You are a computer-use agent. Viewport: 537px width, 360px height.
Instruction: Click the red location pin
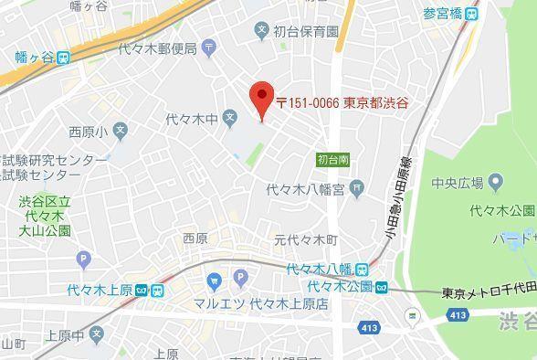(262, 96)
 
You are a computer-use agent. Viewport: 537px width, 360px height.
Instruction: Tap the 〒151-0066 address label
(342, 102)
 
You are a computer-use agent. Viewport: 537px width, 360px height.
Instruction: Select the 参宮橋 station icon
(470, 14)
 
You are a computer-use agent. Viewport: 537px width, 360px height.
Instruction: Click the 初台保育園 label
(308, 30)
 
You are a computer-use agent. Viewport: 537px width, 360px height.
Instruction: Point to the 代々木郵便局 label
(163, 48)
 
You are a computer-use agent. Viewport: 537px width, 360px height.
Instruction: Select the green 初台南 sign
(332, 159)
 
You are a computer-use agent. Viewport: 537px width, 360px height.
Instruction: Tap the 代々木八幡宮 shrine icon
(356, 190)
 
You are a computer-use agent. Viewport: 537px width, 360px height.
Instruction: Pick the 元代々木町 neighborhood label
(306, 240)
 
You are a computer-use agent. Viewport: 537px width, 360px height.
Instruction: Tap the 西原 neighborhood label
(195, 238)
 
